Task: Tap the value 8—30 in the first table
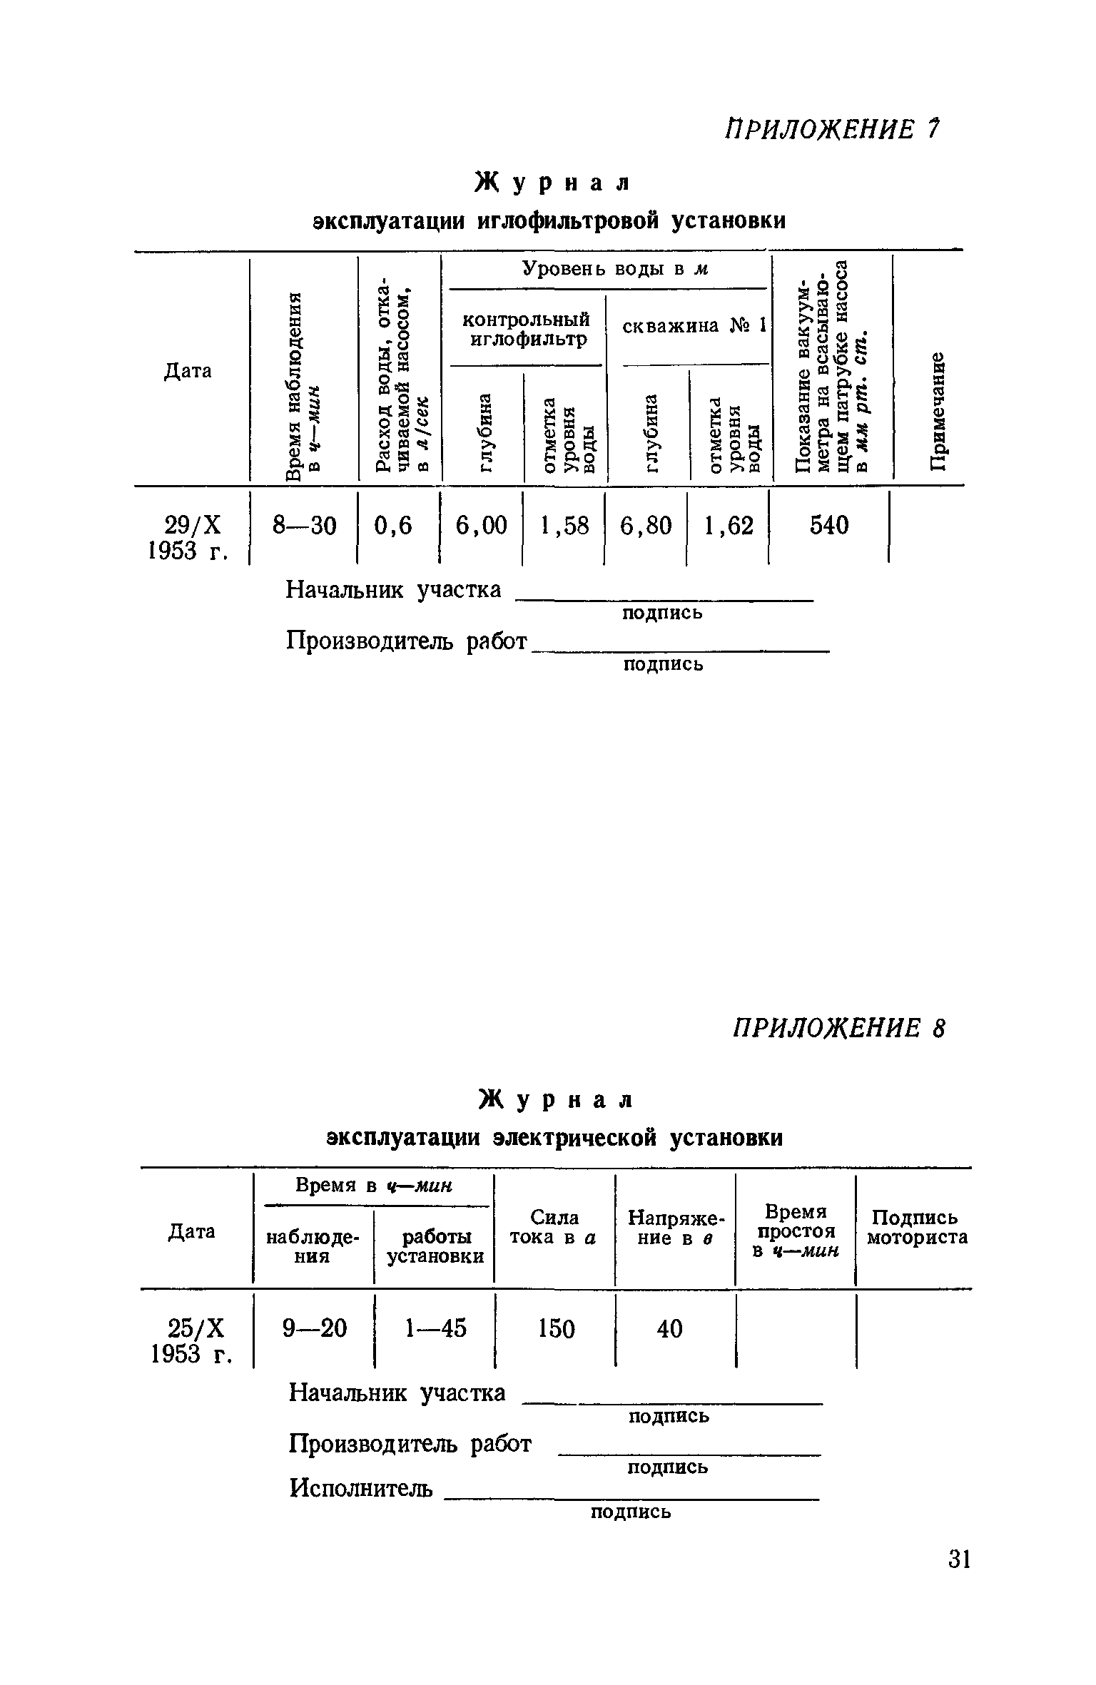pyautogui.click(x=304, y=526)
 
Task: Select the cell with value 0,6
pyautogui.click(x=393, y=526)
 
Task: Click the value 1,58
pyautogui.click(x=564, y=526)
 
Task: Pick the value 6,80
pyautogui.click(x=646, y=526)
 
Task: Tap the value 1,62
pyautogui.click(x=729, y=526)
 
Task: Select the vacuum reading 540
pyautogui.click(x=829, y=526)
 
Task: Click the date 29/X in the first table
pyautogui.click(x=193, y=526)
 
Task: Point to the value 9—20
pyautogui.click(x=315, y=1328)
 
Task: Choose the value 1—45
pyautogui.click(x=435, y=1328)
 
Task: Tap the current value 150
pyautogui.click(x=557, y=1328)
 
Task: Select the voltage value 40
pyautogui.click(x=670, y=1328)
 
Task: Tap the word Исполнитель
pyautogui.click(x=360, y=1488)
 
